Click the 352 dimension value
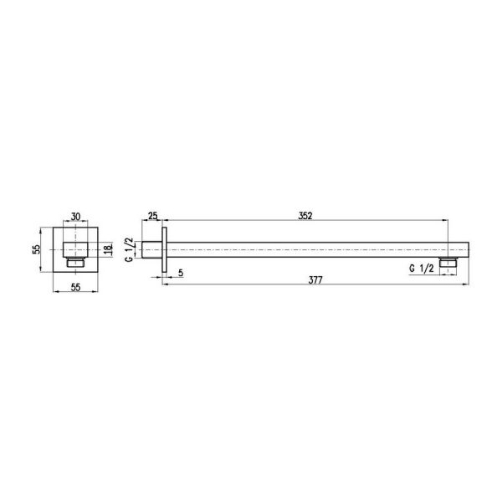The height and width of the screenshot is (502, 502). point(305,216)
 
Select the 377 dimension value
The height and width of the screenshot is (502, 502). point(315,281)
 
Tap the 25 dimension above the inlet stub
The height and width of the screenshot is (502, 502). point(152,217)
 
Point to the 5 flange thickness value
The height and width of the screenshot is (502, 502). point(182,272)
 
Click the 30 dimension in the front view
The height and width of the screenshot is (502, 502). point(75,217)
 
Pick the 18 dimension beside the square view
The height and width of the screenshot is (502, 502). point(107,249)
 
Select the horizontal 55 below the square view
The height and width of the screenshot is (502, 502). point(75,287)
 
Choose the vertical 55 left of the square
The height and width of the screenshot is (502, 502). point(38,249)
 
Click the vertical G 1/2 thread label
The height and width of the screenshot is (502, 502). point(130,250)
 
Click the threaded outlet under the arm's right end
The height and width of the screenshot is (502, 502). point(453,264)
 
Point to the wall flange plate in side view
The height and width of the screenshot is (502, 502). point(166,249)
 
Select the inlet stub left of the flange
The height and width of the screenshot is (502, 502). point(152,249)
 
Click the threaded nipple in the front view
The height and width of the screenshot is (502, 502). point(75,263)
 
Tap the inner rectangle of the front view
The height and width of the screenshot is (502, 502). point(75,249)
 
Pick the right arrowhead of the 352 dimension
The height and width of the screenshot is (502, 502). point(449,222)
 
